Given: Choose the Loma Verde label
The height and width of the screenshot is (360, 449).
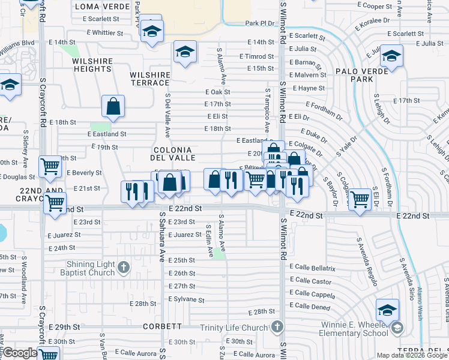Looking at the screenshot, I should (103, 7).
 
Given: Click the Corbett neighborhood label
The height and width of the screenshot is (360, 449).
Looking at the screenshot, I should (163, 326).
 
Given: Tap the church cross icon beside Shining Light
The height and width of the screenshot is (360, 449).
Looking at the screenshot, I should (124, 267).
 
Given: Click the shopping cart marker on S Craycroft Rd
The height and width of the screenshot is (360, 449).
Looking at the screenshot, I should (50, 166).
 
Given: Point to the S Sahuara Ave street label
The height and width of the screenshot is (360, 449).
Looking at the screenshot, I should (161, 237).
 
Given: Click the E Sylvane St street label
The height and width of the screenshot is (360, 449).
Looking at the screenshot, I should (187, 299).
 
